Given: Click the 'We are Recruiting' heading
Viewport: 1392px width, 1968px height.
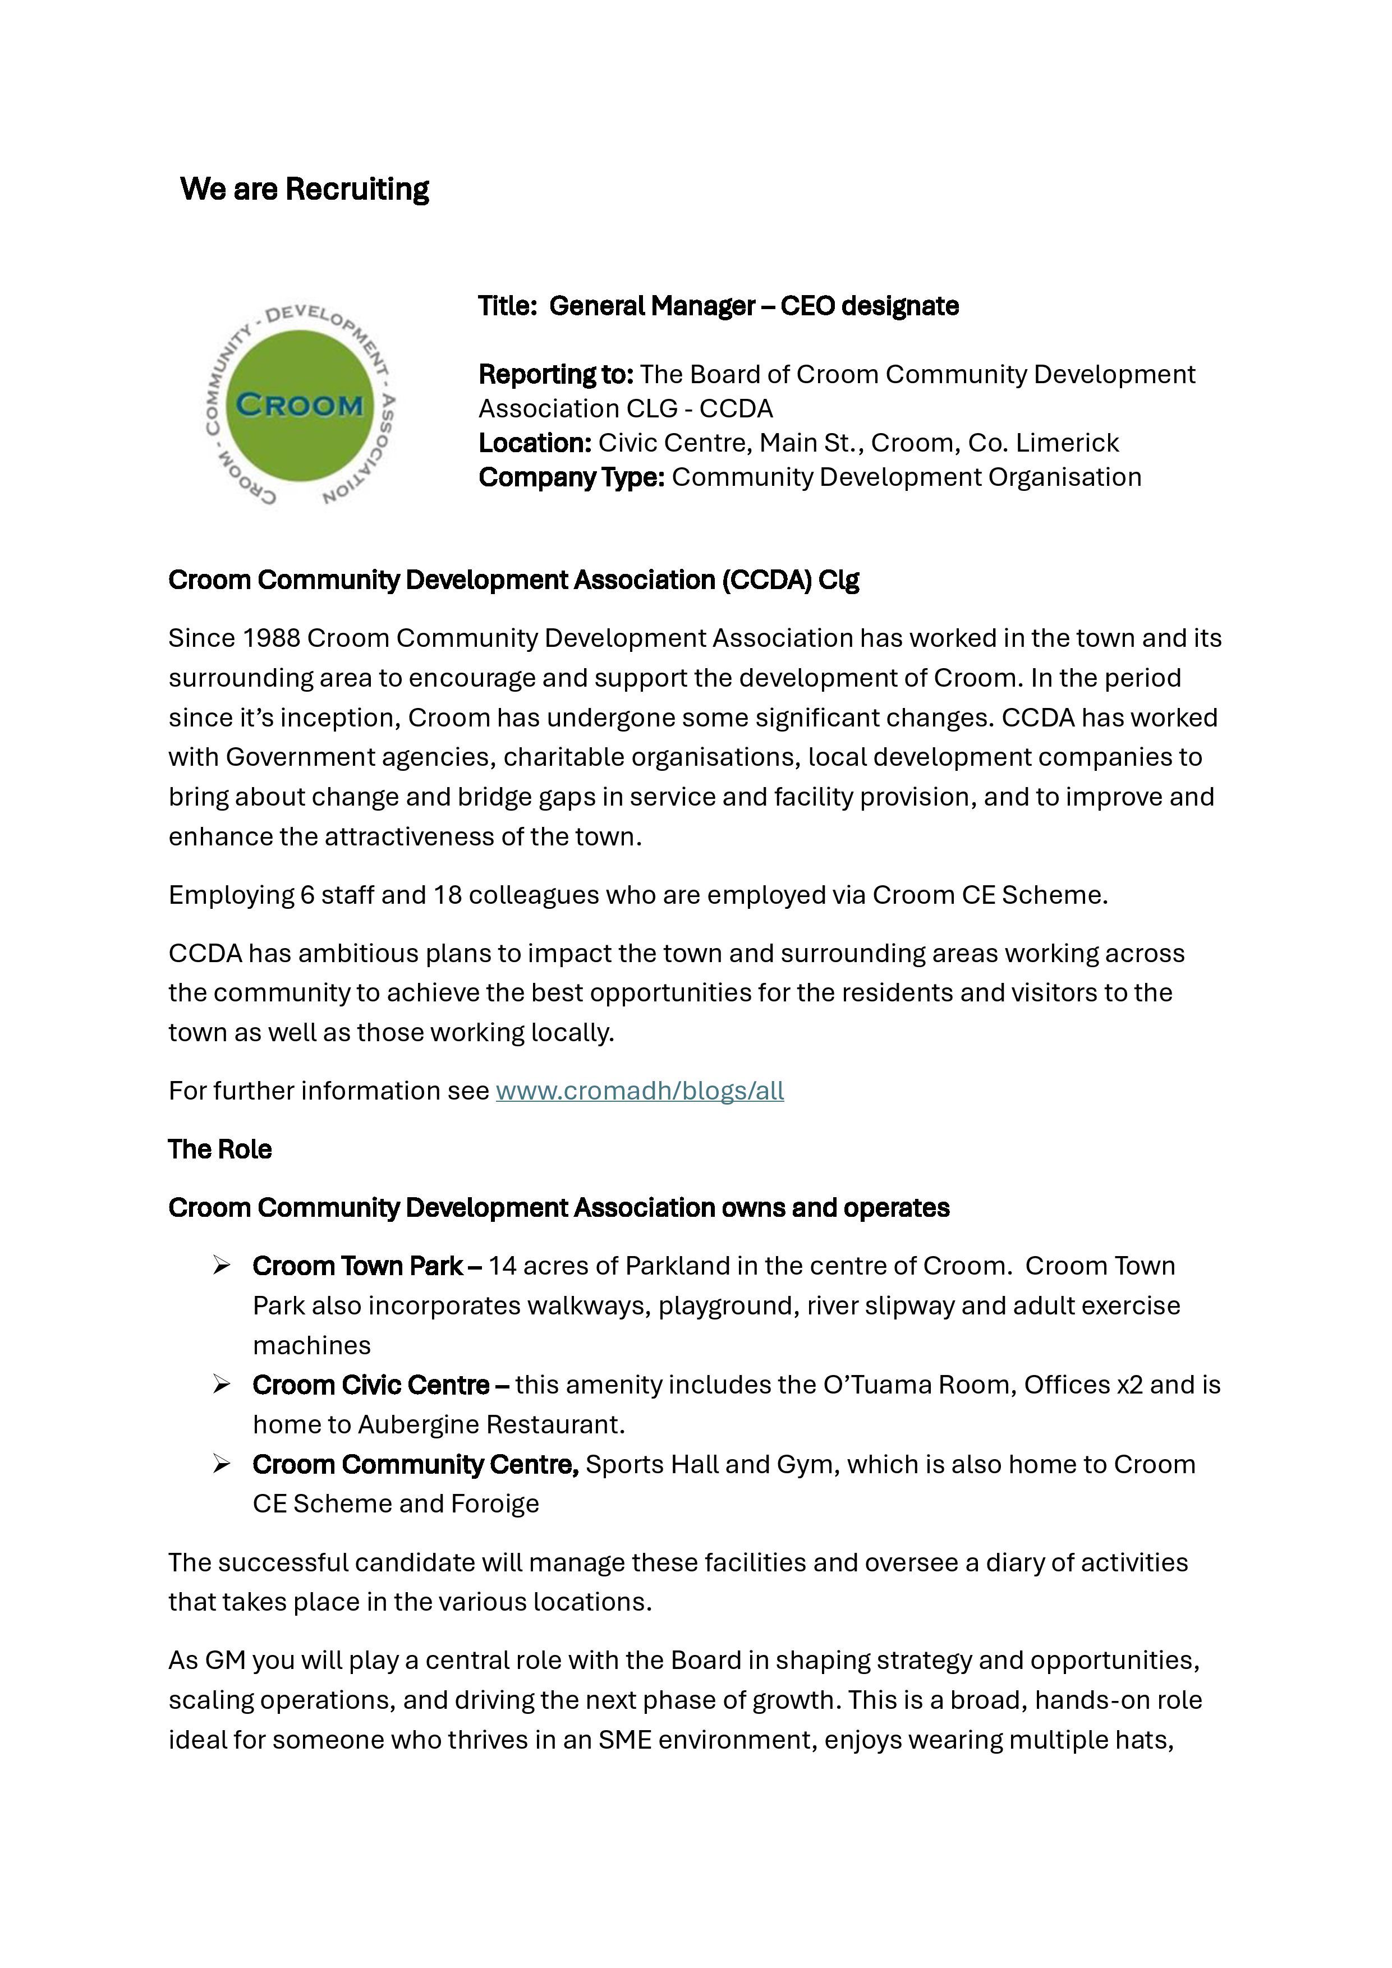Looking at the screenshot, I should [304, 190].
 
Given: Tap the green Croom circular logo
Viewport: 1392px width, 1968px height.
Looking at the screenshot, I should [300, 406].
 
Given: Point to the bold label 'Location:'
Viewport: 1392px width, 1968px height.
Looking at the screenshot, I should [535, 443].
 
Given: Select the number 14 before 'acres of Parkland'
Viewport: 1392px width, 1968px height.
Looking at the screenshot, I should [502, 1266].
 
